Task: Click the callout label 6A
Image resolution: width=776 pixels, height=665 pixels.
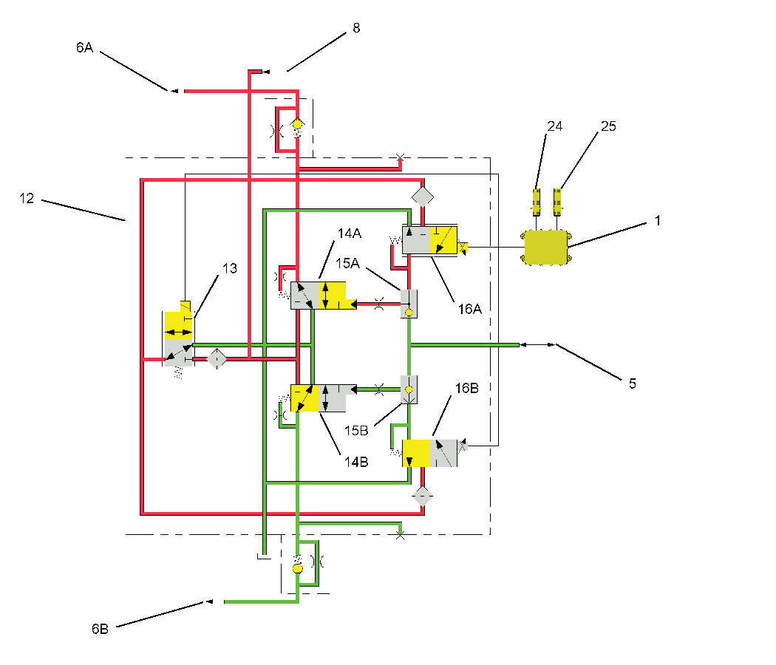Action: point(84,47)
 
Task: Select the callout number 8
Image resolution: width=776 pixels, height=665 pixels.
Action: point(356,28)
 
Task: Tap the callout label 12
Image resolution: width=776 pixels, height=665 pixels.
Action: point(27,199)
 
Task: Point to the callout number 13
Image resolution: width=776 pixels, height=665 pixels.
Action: point(230,268)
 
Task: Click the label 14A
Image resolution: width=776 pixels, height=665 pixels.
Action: point(349,233)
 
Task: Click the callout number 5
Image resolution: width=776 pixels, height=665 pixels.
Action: point(632,383)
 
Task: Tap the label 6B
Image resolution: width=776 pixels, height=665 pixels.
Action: point(101,629)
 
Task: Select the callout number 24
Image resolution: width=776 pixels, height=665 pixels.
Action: point(554,126)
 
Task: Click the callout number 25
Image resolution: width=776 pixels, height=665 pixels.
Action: point(608,126)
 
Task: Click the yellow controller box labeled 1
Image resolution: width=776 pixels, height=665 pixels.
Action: point(545,246)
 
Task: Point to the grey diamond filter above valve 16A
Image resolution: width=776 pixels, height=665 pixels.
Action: point(423,197)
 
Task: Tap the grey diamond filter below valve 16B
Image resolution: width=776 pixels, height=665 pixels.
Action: point(422,495)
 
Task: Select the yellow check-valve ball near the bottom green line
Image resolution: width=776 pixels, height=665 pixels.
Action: point(297,568)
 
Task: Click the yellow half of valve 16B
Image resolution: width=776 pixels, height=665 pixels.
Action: point(416,453)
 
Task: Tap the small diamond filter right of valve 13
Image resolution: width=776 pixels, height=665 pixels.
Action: point(216,359)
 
